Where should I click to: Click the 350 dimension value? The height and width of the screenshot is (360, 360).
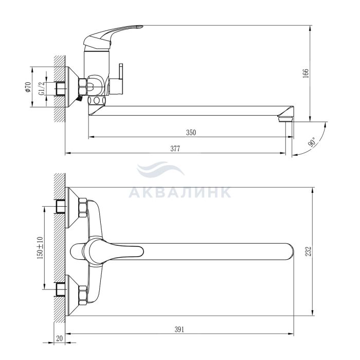pos(191,133)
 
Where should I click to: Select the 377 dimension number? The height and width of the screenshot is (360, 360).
pos(175,149)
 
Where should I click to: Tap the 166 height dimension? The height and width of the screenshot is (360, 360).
pos(305,73)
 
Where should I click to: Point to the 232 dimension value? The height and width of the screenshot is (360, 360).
pos(309,251)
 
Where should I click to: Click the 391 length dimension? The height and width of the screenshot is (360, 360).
pos(179,330)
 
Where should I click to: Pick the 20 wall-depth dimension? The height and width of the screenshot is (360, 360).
pos(59,338)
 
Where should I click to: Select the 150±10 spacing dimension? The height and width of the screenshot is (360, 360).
pos(40,248)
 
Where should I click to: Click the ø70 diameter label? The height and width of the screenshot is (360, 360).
pos(28,87)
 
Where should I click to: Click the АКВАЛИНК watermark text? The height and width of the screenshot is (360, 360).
pos(179,192)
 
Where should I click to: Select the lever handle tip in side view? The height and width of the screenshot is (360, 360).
pos(139,27)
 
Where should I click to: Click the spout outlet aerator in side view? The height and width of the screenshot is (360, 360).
pos(285,119)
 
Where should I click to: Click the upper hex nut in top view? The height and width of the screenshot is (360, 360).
pos(83,208)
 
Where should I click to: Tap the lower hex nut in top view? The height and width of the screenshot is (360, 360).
pos(83,296)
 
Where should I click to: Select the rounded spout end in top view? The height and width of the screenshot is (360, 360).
pos(290,251)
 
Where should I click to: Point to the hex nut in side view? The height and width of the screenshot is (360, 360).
pos(83,87)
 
